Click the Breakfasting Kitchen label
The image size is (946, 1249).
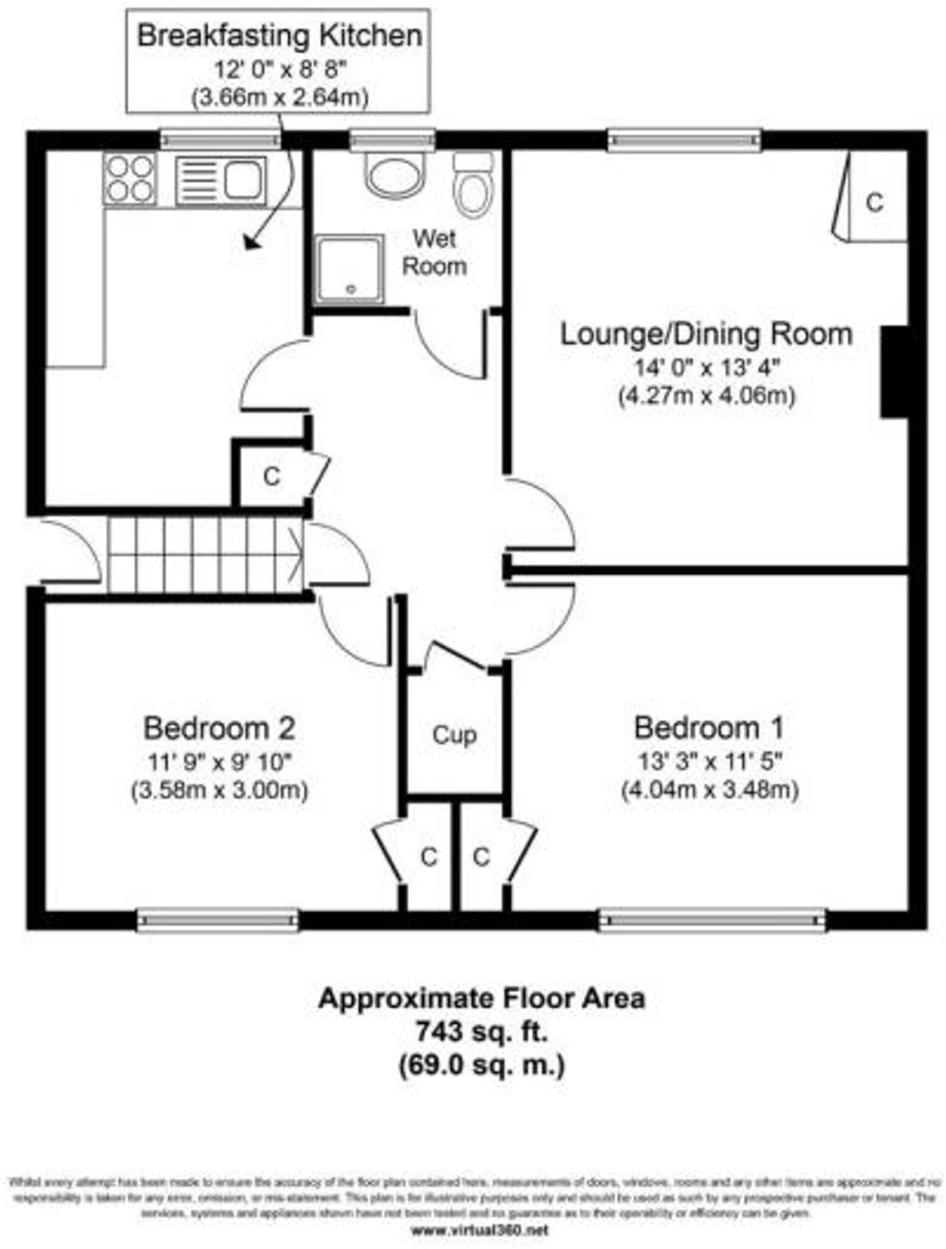pyautogui.click(x=279, y=35)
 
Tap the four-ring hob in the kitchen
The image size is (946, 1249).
pyautogui.click(x=129, y=178)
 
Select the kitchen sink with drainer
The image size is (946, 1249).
pyautogui.click(x=221, y=181)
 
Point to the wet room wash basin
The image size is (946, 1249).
pyautogui.click(x=395, y=175)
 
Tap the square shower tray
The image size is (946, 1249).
pyautogui.click(x=349, y=269)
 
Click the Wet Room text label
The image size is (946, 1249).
pyautogui.click(x=434, y=252)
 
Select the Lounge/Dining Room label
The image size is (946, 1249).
pyautogui.click(x=706, y=334)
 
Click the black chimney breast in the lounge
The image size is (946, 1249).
pyautogui.click(x=894, y=372)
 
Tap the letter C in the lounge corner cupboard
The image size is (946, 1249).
pyautogui.click(x=874, y=202)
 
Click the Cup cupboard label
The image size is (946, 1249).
pyautogui.click(x=454, y=735)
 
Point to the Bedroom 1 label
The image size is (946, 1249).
pyautogui.click(x=709, y=728)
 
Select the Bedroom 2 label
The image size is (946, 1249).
pyautogui.click(x=219, y=728)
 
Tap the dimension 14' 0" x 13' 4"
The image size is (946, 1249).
pyautogui.click(x=707, y=368)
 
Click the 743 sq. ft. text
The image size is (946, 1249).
pyautogui.click(x=481, y=1032)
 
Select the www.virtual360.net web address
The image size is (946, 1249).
pyautogui.click(x=479, y=1230)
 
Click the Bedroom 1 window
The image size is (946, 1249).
pyautogui.click(x=711, y=920)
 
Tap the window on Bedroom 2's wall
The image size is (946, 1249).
pyautogui.click(x=218, y=920)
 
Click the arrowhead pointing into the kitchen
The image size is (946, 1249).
pyautogui.click(x=251, y=243)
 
